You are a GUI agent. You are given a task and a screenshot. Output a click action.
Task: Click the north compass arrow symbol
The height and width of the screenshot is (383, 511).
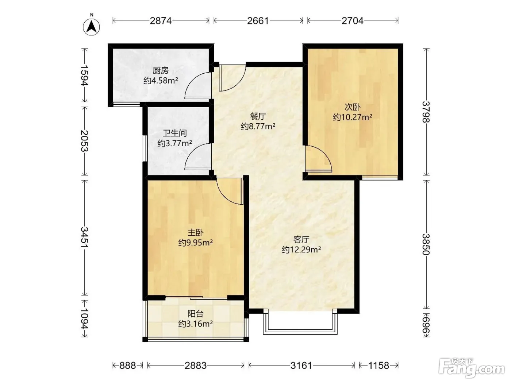pyautogui.click(x=92, y=27)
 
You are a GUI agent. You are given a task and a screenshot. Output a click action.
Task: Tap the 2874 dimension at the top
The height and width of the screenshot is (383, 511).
pyautogui.click(x=161, y=21)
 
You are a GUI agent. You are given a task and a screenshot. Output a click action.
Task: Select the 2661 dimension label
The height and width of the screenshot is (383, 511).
pyautogui.click(x=258, y=21)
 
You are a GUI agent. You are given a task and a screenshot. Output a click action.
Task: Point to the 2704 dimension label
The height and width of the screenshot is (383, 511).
pyautogui.click(x=353, y=21)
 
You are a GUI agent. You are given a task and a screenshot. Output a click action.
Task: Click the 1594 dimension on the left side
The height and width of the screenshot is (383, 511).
pyautogui.click(x=84, y=76)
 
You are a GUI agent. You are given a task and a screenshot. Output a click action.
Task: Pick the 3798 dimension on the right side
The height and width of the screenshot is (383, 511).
pyautogui.click(x=426, y=112)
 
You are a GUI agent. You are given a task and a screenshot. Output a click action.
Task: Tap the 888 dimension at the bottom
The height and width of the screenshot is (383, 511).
pyautogui.click(x=128, y=365)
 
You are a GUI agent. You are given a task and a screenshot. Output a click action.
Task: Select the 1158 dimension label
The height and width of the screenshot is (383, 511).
pyautogui.click(x=379, y=365)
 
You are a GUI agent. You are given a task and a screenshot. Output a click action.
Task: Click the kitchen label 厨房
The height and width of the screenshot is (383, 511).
pyautogui.click(x=161, y=70)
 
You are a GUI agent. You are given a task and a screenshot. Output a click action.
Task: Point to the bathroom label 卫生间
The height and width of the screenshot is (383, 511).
pyautogui.click(x=174, y=133)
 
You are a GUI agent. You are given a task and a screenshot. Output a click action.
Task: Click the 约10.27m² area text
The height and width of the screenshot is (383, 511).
pyautogui.click(x=353, y=117)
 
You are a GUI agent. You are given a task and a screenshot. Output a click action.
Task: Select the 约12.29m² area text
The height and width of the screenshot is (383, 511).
pyautogui.click(x=301, y=249)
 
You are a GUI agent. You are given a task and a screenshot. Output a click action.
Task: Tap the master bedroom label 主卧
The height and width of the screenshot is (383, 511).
pyautogui.click(x=196, y=232)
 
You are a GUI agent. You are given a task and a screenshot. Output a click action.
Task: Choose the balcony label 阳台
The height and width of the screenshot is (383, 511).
pyautogui.click(x=196, y=314)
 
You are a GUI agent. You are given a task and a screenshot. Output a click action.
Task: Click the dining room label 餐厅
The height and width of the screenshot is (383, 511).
pyautogui.click(x=258, y=116)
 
